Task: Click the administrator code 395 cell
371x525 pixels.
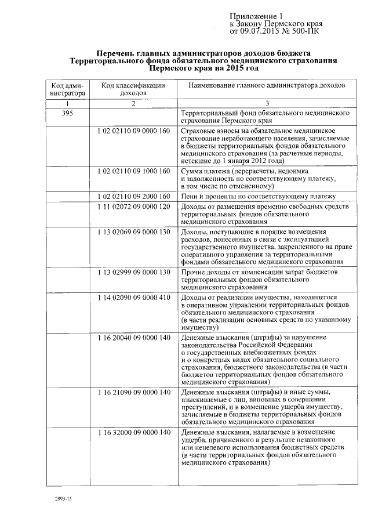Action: point(67,113)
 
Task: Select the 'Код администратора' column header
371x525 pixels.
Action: point(67,89)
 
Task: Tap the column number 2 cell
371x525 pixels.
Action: point(133,103)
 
